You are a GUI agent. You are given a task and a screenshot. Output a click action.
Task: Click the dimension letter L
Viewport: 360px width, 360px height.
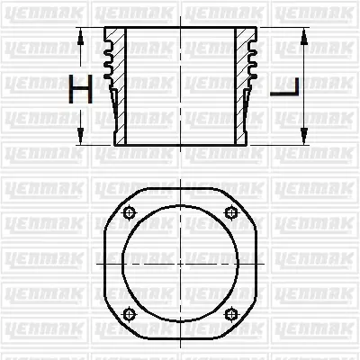click(285, 87)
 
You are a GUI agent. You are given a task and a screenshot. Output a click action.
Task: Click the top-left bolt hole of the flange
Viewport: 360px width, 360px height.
click(128, 212)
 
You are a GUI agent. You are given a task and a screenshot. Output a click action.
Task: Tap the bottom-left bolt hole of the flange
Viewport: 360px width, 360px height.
click(128, 313)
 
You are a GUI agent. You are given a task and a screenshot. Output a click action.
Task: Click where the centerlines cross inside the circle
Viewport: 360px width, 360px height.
click(180, 262)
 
